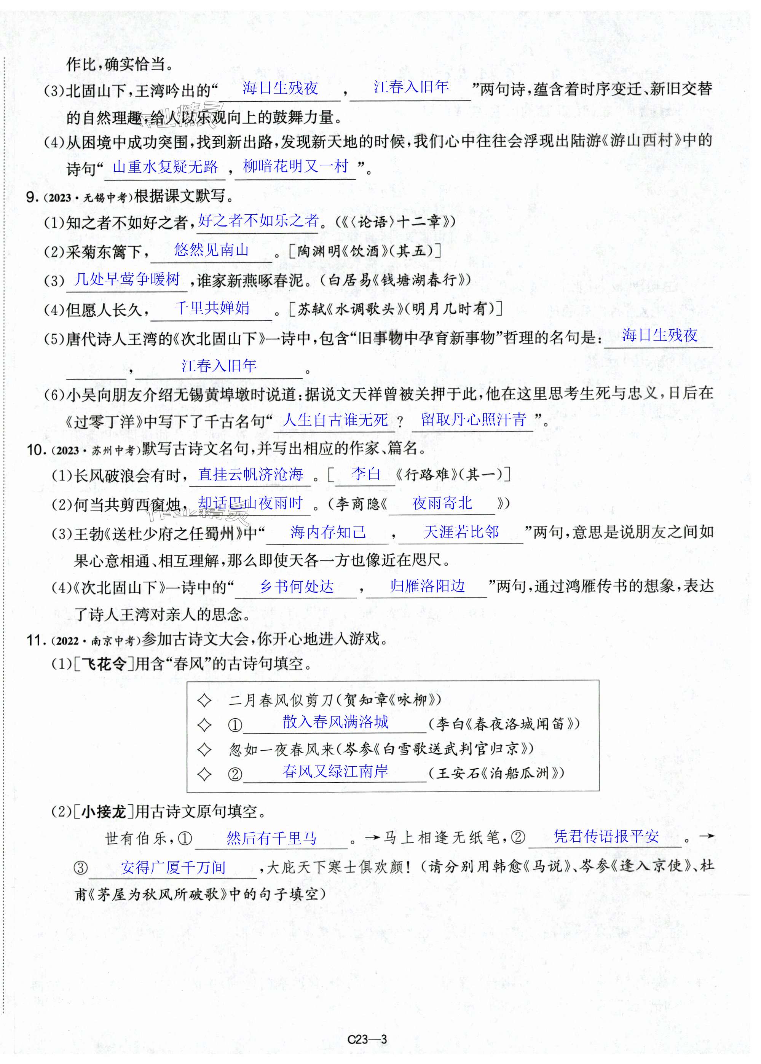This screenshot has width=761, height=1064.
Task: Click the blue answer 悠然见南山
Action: [211, 250]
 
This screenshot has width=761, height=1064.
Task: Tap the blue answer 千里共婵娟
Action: [211, 308]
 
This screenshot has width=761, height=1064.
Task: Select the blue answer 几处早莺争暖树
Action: [127, 279]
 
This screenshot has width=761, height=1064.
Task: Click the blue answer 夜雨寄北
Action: [442, 503]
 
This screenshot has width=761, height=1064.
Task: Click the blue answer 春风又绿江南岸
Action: [335, 771]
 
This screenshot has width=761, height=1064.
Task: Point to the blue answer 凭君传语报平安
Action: [606, 836]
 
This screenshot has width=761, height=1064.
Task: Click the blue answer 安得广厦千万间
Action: [173, 868]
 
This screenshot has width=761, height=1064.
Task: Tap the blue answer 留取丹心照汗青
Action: [473, 420]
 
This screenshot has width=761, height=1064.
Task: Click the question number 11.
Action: [35, 640]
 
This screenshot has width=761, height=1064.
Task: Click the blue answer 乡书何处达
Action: [296, 586]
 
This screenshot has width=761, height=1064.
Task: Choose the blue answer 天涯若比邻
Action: [461, 532]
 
